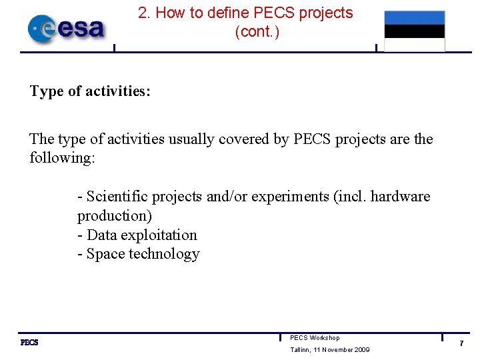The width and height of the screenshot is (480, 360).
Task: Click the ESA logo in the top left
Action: (x=66, y=29)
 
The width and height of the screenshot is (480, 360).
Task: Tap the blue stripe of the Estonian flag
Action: (x=414, y=18)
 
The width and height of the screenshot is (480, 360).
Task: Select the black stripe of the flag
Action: (x=414, y=31)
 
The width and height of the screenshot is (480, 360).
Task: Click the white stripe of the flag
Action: (x=414, y=45)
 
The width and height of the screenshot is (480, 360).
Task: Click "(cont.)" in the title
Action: (x=257, y=31)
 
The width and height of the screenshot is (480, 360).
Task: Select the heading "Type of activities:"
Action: (x=90, y=91)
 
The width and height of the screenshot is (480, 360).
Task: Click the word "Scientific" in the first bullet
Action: (x=117, y=197)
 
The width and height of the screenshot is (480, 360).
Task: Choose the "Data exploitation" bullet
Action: (x=137, y=235)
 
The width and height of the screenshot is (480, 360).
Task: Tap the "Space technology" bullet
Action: (x=139, y=254)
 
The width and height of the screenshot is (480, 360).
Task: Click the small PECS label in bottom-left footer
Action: (x=29, y=343)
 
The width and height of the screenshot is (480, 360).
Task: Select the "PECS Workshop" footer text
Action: (x=315, y=338)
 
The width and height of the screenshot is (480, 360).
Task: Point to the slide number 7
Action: (x=460, y=343)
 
